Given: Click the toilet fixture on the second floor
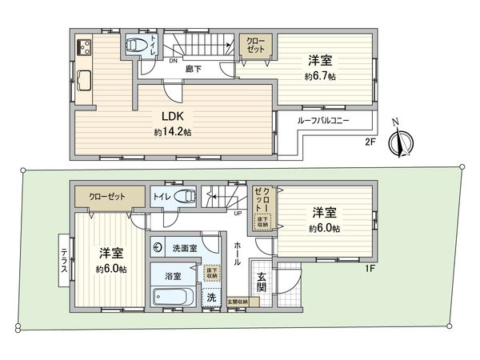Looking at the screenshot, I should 138,46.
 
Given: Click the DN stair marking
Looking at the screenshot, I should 173,61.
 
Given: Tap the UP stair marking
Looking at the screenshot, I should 238,214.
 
